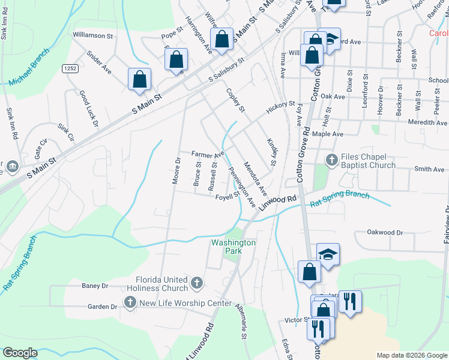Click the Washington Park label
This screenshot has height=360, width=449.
tap(234, 247)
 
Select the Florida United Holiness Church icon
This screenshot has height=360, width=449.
tap(196, 282)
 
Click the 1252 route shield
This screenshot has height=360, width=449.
tap(70, 69)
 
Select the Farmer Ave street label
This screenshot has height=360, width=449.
tap(207, 154)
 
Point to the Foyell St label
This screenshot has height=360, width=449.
tap(228, 195)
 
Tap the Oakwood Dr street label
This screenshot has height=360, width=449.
tap(385, 232)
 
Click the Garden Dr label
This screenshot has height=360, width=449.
tap(102, 307)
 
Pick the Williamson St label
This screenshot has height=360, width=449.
tap(92, 36)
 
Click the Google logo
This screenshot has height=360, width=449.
tap(20, 353)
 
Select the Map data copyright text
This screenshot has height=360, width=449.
tap(411, 355)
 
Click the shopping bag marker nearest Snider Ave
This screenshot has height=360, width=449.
tap(139, 80)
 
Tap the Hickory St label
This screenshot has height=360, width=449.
tap(281, 106)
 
